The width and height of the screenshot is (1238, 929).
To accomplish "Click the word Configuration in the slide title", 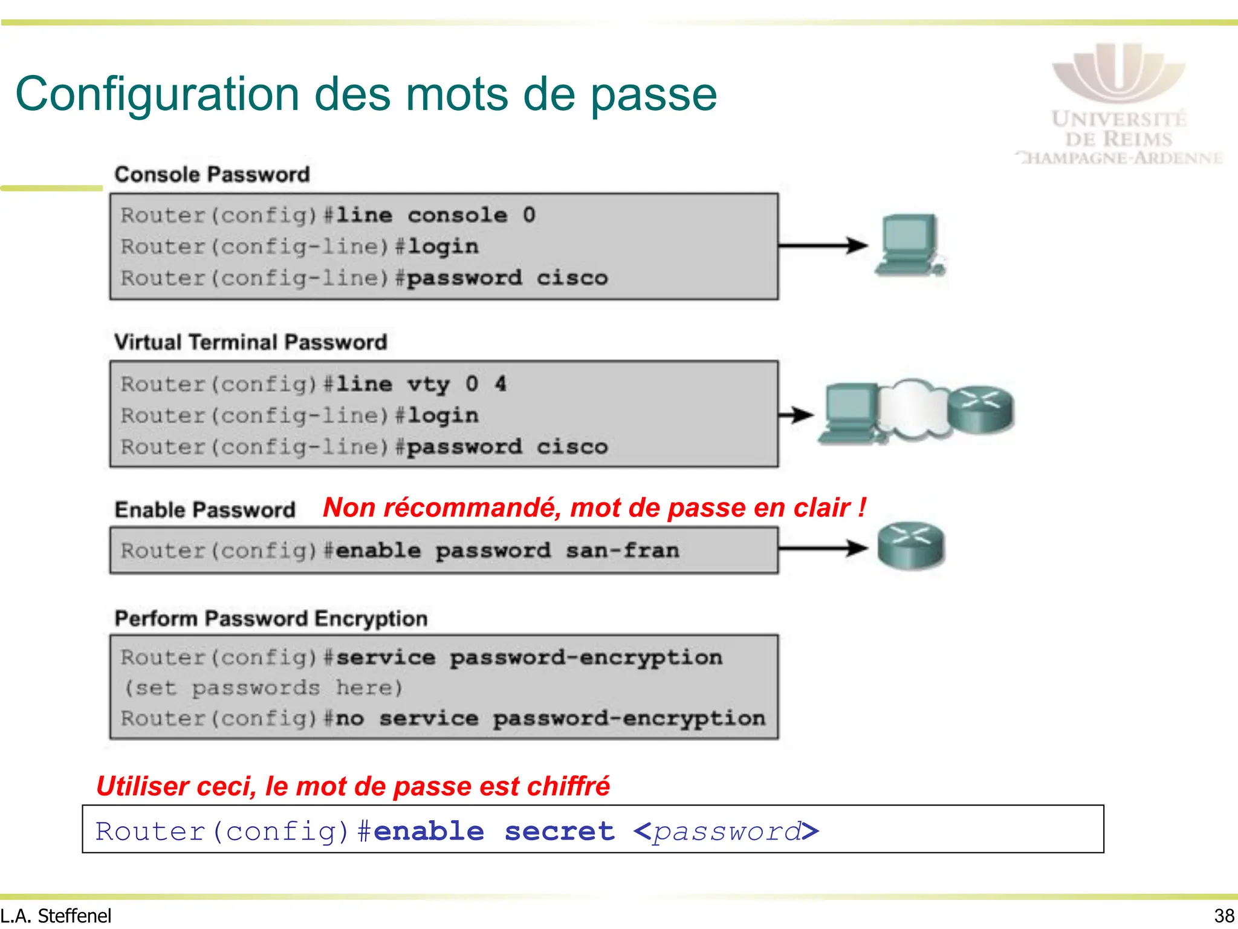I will pos(157,94).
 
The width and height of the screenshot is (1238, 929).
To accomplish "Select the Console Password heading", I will pos(212,175).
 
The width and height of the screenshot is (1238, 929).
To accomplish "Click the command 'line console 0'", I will pos(435,215).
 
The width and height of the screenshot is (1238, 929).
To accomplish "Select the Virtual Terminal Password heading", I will pos(250,342).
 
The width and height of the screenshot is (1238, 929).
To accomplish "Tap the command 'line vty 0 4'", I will pos(421,384).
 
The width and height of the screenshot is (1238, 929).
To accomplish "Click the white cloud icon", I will pos(913,408).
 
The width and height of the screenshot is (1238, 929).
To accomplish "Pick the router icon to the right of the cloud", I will pos(980,409).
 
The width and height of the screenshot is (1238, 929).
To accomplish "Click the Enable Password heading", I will pos(205,510).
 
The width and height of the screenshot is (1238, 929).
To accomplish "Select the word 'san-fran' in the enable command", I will pos(623,551).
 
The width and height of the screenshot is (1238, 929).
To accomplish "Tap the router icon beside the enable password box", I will pos(911,546).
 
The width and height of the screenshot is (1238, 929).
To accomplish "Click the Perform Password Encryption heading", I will pos(271,619).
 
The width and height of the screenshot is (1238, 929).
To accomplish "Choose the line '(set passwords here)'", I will pos(263,688).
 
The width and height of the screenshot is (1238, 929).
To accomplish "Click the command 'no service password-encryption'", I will pos(550,719).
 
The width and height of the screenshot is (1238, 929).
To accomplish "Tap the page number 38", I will pos(1224,916).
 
